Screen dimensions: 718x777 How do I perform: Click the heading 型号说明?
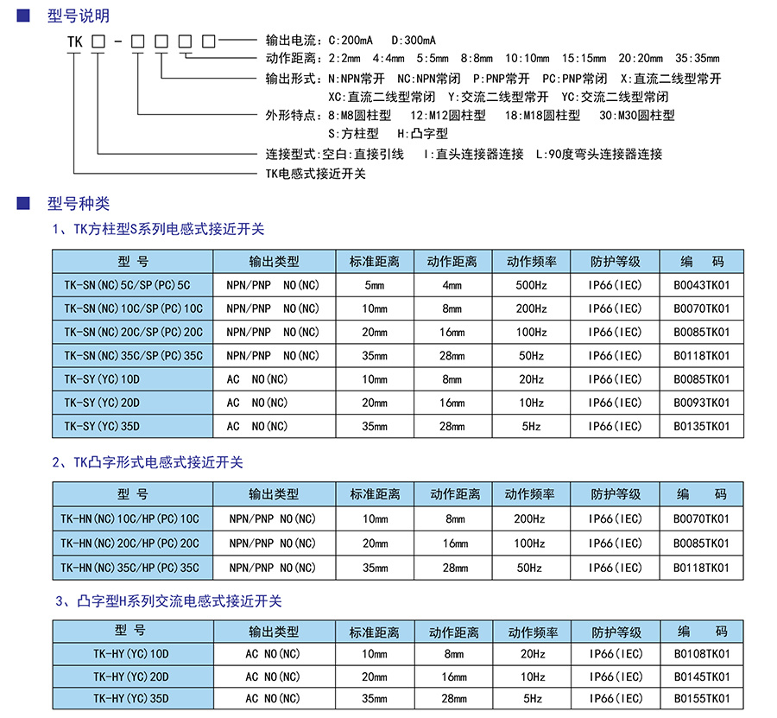pyautogui.click(x=79, y=16)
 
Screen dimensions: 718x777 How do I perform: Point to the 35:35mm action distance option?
pyautogui.click(x=697, y=59)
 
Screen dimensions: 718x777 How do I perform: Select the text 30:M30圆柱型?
pyautogui.click(x=637, y=115)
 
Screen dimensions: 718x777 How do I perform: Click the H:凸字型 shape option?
pyautogui.click(x=423, y=134)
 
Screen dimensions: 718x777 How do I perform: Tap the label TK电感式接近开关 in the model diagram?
pyautogui.click(x=315, y=174)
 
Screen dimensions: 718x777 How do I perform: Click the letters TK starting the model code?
pyautogui.click(x=76, y=41)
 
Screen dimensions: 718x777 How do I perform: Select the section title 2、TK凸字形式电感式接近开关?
pyautogui.click(x=148, y=462)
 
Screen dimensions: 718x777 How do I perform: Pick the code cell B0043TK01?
pyautogui.click(x=701, y=285)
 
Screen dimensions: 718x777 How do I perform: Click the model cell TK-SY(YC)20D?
pyautogui.click(x=102, y=403)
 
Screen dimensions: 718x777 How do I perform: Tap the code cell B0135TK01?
pyautogui.click(x=701, y=426)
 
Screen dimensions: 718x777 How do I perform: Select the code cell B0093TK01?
pyautogui.click(x=701, y=403)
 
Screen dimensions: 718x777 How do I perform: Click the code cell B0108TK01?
pyautogui.click(x=701, y=654)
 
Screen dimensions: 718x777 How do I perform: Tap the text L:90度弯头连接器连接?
pyautogui.click(x=599, y=154)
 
